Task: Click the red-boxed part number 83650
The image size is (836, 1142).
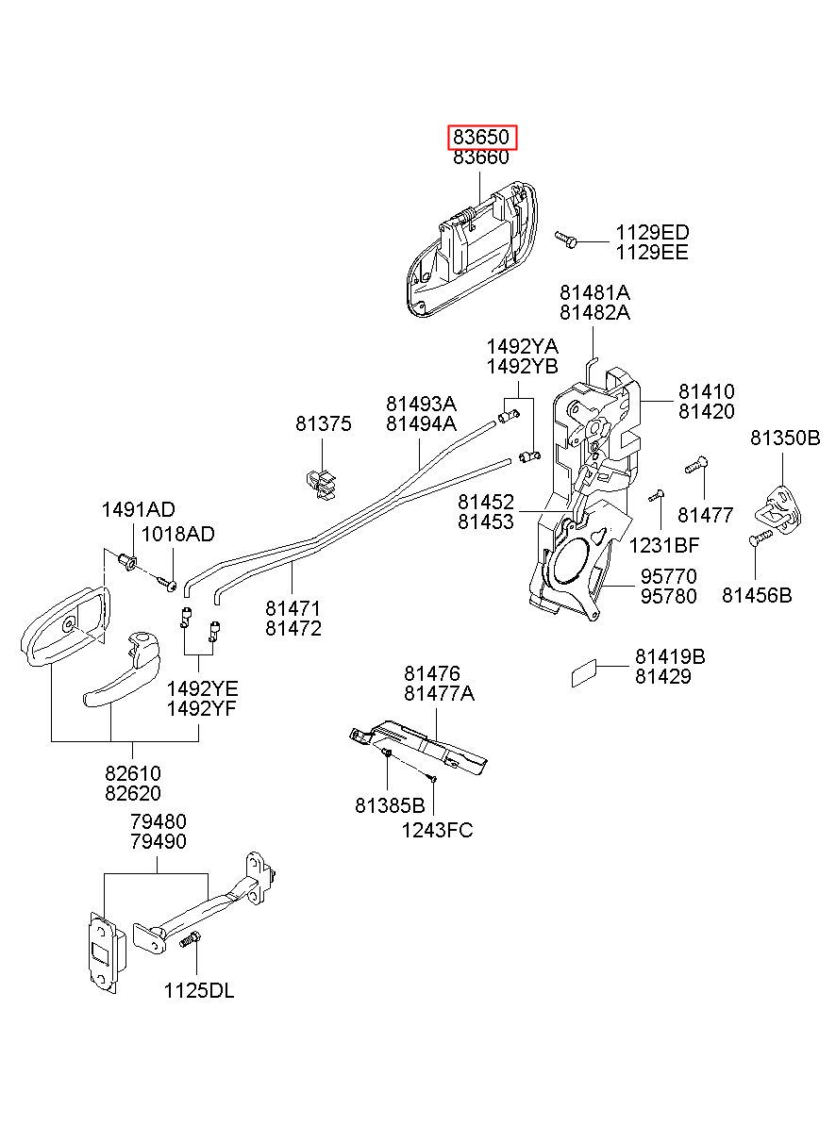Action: pos(481,137)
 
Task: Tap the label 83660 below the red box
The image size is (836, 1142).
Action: pos(481,157)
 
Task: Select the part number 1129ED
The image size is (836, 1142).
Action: pos(652,233)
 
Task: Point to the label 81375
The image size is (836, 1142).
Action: pos(324,423)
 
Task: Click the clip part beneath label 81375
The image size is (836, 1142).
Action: pos(322,484)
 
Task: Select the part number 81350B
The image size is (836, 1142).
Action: pos(785,438)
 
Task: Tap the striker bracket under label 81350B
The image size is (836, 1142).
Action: pos(777,509)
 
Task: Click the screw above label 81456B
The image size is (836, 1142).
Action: pos(761,537)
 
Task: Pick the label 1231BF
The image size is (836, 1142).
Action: pos(664,545)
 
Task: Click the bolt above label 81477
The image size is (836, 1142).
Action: pos(695,465)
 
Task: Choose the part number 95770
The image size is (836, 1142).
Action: pos(668,576)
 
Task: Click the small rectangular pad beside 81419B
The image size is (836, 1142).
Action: pos(583,673)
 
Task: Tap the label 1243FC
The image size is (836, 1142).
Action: pos(437,831)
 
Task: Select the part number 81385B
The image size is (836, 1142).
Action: pos(390,805)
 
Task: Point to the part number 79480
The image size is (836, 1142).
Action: pos(159,821)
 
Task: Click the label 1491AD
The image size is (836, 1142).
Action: pos(138,509)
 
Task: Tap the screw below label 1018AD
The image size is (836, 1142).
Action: pos(167,584)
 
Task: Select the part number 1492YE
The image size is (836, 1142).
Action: pos(202,688)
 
